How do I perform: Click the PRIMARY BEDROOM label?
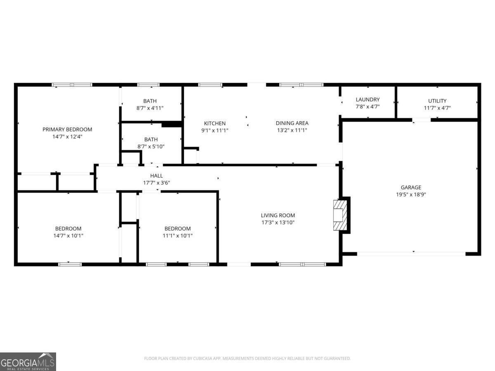pyautogui.click(x=67, y=129)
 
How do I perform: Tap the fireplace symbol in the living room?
pyautogui.click(x=340, y=215)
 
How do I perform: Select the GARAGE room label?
pyautogui.click(x=411, y=188)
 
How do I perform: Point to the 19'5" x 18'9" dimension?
pyautogui.click(x=411, y=195)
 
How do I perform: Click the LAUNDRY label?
pyautogui.click(x=368, y=100)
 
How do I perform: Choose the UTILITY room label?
pyautogui.click(x=437, y=101)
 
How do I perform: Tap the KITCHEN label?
pyautogui.click(x=215, y=123)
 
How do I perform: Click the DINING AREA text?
pyautogui.click(x=292, y=123)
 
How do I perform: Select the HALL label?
pyautogui.click(x=156, y=176)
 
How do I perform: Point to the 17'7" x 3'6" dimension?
pyautogui.click(x=156, y=183)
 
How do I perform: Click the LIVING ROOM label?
pyautogui.click(x=278, y=216)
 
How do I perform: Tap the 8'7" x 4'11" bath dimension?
pyautogui.click(x=150, y=108)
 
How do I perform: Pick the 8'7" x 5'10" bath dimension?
pyautogui.click(x=151, y=146)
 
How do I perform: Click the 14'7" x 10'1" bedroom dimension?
pyautogui.click(x=68, y=236)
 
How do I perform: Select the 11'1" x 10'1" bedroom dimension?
pyautogui.click(x=178, y=236)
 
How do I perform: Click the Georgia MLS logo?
pyautogui.click(x=28, y=362)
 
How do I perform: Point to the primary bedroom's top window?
pyautogui.click(x=72, y=85)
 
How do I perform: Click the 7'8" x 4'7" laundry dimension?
pyautogui.click(x=368, y=107)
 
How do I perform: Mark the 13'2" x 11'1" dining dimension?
pyautogui.click(x=292, y=130)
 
